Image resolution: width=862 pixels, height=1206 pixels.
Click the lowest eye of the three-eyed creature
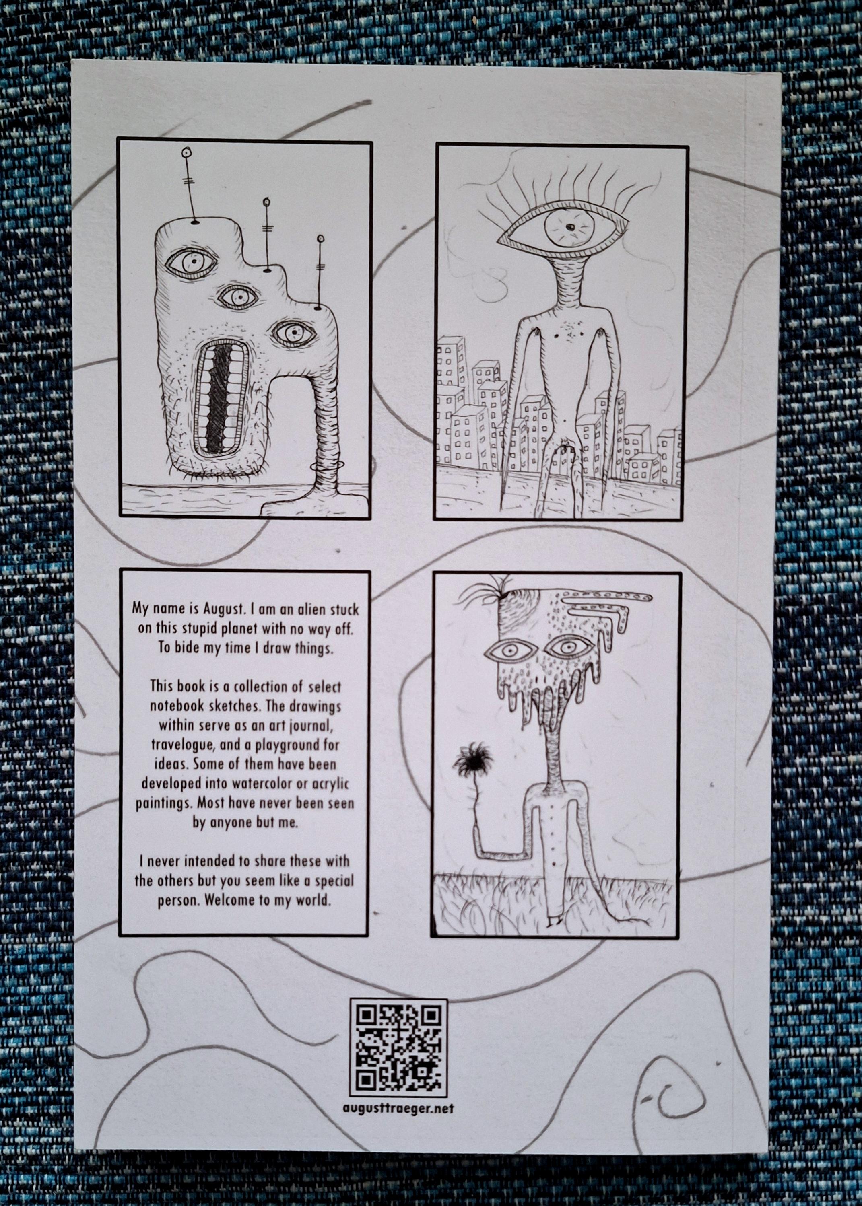click(293, 333)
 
